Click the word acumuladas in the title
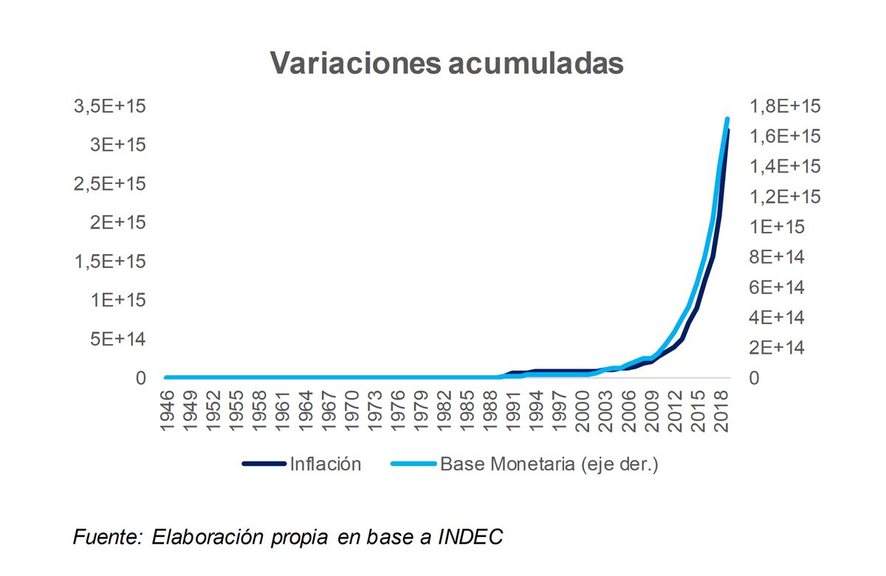coord(526,63)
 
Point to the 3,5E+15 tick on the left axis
coord(114,106)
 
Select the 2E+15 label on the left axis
coord(119,222)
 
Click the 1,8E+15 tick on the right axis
coord(785,106)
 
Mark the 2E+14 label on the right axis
coord(777,348)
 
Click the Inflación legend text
coord(326,464)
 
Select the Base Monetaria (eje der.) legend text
coord(549,464)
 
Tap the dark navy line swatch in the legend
coord(264,464)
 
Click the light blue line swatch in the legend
coord(413,464)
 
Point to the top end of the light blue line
coord(727,119)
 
